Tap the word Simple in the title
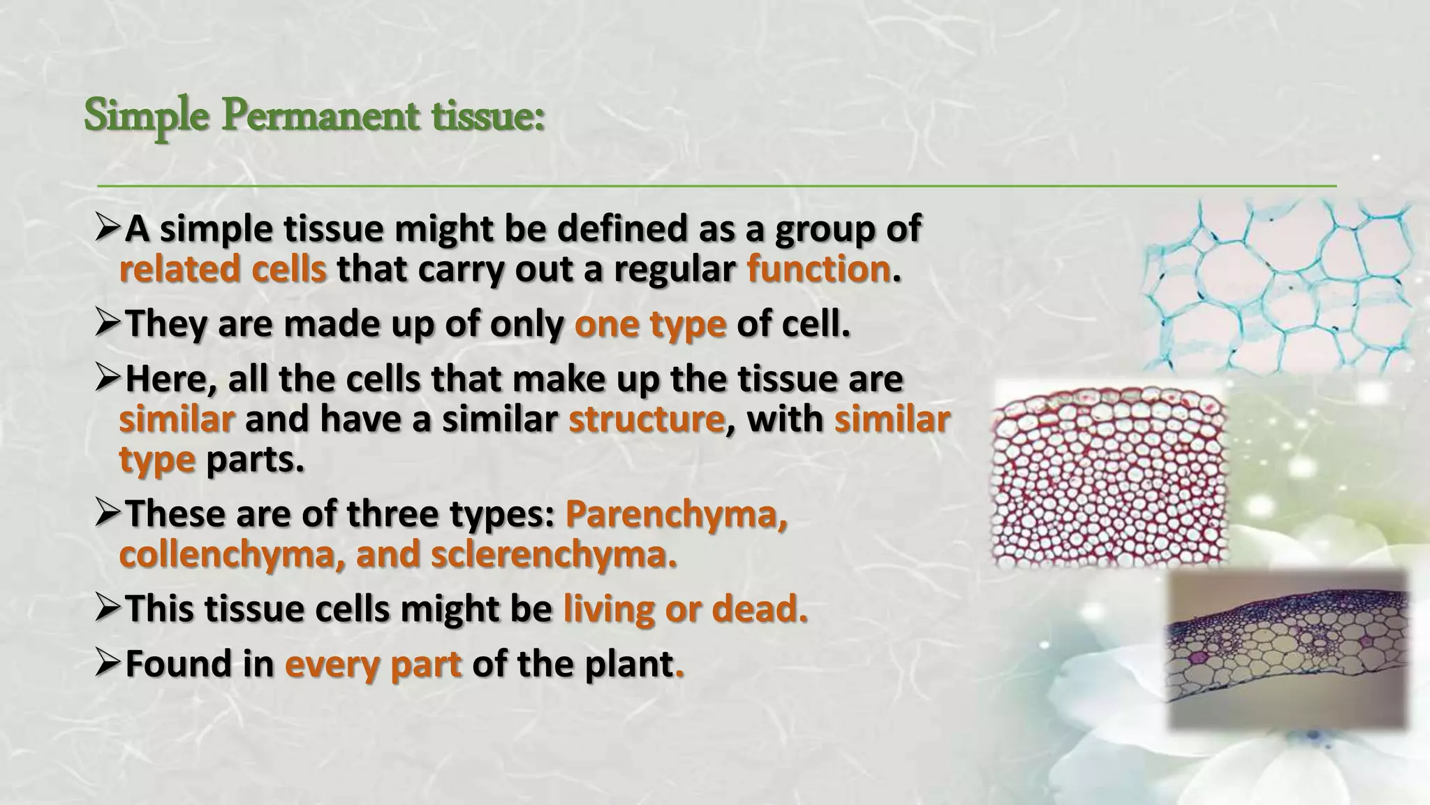tap(146, 117)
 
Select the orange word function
tap(818, 269)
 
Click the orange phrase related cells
tap(223, 269)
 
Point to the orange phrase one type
tap(650, 324)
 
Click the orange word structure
tap(647, 419)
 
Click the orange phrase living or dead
tap(685, 609)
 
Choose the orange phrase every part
tap(374, 663)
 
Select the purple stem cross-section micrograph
tap(1287, 651)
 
